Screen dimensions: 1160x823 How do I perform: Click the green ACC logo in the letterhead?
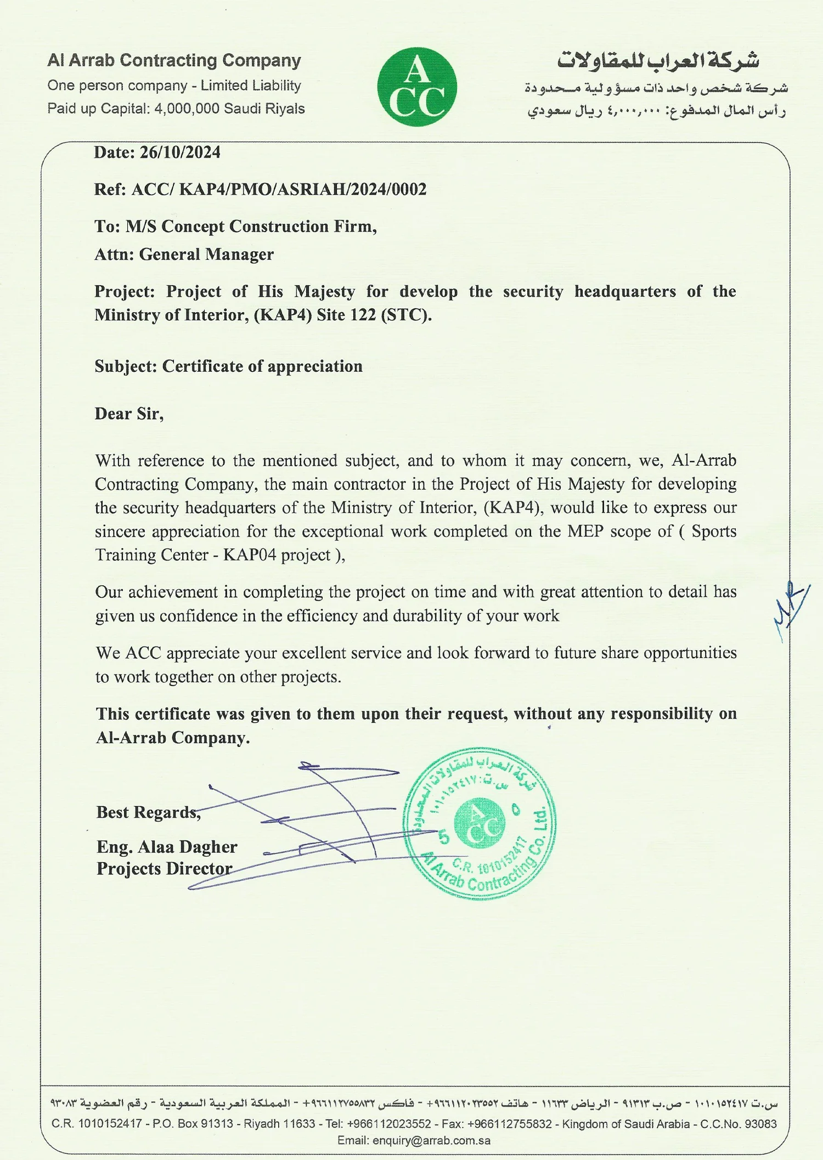(x=417, y=87)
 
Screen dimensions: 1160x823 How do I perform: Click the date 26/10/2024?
(x=180, y=152)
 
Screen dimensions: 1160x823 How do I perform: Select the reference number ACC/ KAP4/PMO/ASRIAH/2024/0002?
(x=279, y=190)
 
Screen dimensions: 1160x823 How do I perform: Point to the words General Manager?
(x=206, y=254)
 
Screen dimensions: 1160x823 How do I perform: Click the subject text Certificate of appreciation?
(x=262, y=366)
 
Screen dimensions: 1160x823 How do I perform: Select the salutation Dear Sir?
(x=128, y=414)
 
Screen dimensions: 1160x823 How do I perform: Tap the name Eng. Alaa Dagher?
(x=167, y=847)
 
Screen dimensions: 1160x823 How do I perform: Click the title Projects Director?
(x=165, y=869)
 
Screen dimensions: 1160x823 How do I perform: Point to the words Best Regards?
(x=148, y=812)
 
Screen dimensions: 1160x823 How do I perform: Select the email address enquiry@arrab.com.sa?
(x=431, y=1141)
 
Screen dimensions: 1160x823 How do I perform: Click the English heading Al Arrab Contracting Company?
(x=174, y=60)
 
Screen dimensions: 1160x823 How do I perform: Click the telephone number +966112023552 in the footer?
(x=389, y=1124)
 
